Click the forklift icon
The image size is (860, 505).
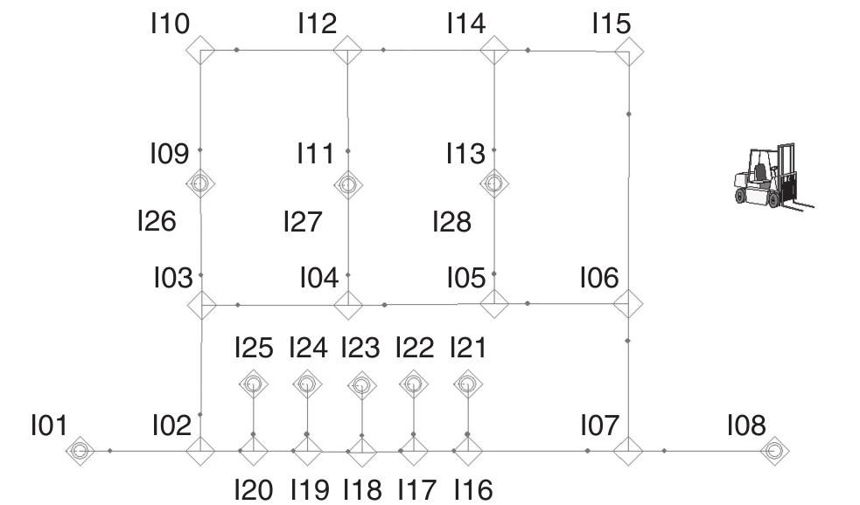(x=773, y=176)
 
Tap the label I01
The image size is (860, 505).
(x=49, y=425)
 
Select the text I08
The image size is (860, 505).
(x=746, y=425)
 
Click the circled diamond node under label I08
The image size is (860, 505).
(x=774, y=451)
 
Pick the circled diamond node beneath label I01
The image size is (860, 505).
(x=80, y=451)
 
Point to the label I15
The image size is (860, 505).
(x=612, y=24)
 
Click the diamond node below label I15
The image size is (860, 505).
(x=628, y=52)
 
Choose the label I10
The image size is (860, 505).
(x=171, y=24)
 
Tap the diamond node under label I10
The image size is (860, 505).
(x=200, y=51)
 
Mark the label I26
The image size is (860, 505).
(x=157, y=221)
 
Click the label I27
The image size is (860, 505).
(x=303, y=222)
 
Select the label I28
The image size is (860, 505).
(x=452, y=222)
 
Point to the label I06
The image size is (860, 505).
(x=600, y=278)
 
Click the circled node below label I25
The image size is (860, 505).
(x=253, y=384)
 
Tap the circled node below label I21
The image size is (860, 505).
(x=468, y=384)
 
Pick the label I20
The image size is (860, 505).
(x=254, y=489)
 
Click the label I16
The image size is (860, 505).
(x=474, y=489)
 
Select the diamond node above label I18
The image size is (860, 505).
(x=362, y=452)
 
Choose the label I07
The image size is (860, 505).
(x=600, y=425)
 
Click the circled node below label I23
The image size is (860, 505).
(x=361, y=385)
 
